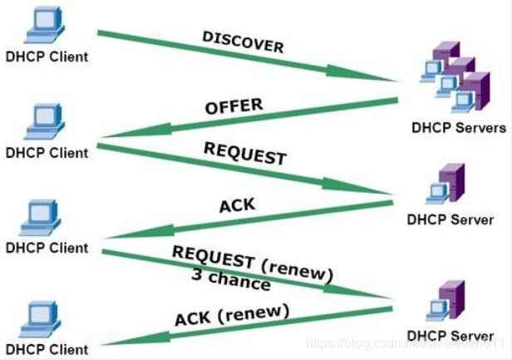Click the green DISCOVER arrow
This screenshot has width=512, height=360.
point(249,57)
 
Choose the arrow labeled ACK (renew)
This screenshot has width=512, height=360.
point(249,325)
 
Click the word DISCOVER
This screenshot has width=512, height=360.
point(243,42)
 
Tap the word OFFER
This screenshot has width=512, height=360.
point(234,106)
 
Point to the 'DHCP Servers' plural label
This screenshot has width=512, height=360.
point(458,128)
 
